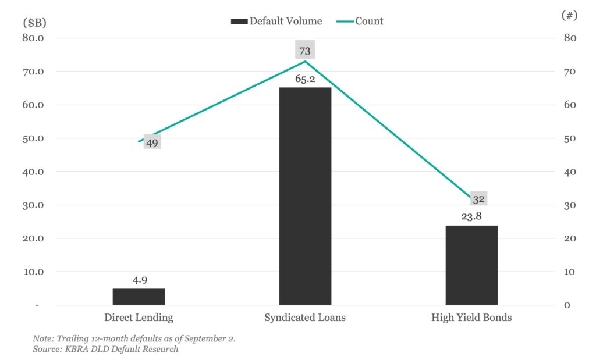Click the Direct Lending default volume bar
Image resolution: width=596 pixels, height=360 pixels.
pos(139,297)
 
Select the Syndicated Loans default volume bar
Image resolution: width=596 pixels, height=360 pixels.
pos(305,196)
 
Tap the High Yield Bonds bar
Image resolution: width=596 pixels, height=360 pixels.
pos(471,265)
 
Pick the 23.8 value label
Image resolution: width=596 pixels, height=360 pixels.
pos(471,217)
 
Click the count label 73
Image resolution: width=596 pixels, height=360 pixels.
pos(305,51)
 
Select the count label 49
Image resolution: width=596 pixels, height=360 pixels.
pos(152,142)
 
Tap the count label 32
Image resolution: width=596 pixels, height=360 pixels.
pos(478,199)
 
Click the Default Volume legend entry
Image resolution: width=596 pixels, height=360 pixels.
pos(276,21)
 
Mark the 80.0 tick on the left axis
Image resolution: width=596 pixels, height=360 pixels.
pos(34,38)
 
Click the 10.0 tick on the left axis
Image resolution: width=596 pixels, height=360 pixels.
pos(34,272)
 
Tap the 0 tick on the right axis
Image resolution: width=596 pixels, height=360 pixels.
pos(567,305)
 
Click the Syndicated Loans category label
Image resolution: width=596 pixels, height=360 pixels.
pos(305,318)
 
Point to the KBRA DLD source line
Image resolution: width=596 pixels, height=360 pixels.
pos(105,350)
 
